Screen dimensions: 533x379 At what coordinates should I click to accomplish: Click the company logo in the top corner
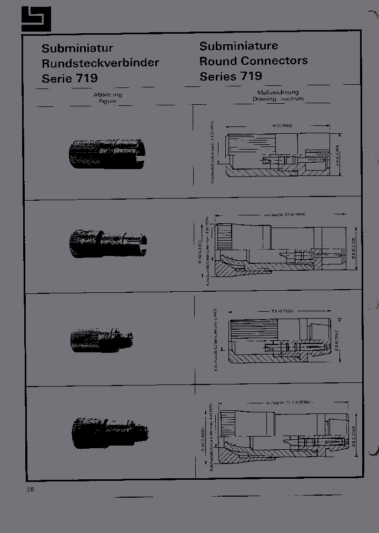[36, 19]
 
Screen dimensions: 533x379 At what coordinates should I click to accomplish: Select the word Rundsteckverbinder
[100, 63]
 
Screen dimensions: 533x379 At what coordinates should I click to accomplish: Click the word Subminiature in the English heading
[238, 46]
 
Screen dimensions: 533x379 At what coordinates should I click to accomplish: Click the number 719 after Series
[251, 76]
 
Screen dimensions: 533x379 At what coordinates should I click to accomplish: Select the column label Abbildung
[107, 95]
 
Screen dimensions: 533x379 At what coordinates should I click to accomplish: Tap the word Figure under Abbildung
[107, 100]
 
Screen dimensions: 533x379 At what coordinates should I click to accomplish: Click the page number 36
[30, 489]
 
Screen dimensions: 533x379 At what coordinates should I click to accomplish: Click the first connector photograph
[107, 154]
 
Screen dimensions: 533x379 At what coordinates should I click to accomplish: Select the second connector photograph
[108, 243]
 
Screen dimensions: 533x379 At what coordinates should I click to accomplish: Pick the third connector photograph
[101, 337]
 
